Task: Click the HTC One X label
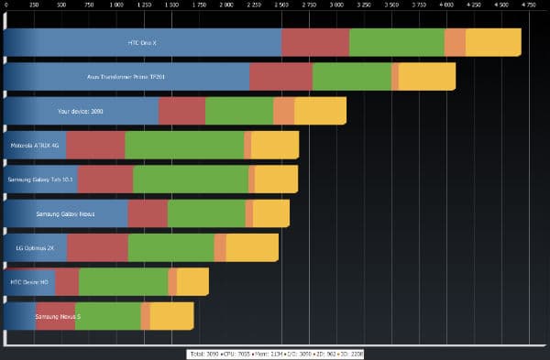click(143, 42)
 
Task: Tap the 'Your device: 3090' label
click(81, 111)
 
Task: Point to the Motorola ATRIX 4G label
click(34, 145)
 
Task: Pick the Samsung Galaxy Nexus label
click(65, 213)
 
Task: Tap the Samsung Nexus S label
click(58, 316)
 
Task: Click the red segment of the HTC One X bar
click(315, 42)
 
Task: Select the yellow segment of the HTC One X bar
click(493, 42)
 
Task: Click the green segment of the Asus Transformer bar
click(352, 77)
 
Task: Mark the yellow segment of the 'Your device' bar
click(320, 111)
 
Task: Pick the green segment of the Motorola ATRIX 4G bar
click(184, 145)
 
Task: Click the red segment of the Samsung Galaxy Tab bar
click(105, 180)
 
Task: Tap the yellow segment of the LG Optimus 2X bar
click(252, 247)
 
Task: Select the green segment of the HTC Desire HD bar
click(124, 281)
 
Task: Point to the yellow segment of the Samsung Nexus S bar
click(171, 316)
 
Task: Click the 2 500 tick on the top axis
click(281, 5)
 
